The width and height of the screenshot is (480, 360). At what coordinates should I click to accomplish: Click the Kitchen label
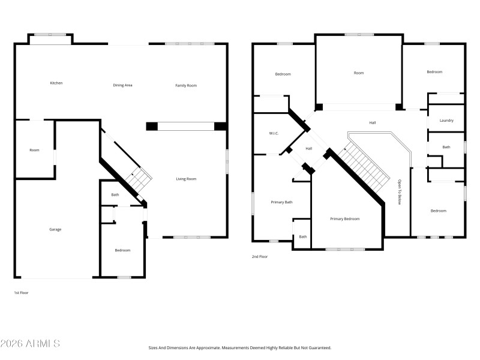pos(56,83)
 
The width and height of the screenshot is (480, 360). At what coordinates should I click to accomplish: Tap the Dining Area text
pos(122,85)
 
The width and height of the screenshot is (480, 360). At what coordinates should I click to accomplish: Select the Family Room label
pos(186,85)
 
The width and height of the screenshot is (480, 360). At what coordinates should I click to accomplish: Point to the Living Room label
pos(186,179)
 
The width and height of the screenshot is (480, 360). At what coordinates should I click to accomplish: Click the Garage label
pos(55,229)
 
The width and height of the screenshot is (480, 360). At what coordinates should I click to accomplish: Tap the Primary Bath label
pos(281,202)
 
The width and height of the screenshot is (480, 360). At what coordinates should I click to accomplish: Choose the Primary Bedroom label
pos(345,219)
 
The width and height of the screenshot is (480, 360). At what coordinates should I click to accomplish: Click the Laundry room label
pos(446,121)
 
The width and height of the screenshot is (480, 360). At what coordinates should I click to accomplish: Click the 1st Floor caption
pos(21,293)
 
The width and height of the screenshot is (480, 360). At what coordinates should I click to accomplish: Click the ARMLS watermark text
pos(30,344)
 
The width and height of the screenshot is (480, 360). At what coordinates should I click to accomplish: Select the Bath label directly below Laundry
pos(446,147)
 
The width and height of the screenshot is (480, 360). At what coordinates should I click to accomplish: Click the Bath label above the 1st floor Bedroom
pos(115,194)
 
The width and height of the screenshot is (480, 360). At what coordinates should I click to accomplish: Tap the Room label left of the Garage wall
pos(34,150)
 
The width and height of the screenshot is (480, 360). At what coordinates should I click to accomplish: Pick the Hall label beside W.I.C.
pos(309,149)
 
